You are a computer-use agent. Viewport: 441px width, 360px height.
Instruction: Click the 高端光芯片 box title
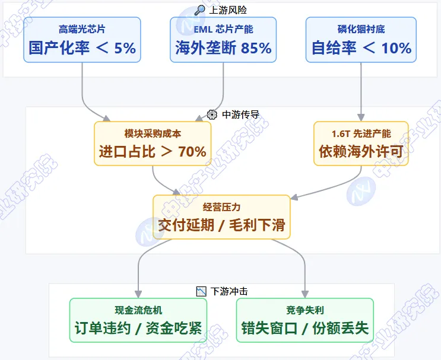pos(82,29)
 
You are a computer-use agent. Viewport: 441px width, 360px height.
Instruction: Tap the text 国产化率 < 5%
pos(82,48)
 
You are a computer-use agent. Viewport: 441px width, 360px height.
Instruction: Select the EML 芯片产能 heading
pos(223,29)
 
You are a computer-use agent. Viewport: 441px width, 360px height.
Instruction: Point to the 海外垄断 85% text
pos(223,48)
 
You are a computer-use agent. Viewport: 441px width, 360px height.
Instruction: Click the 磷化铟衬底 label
pos(361,29)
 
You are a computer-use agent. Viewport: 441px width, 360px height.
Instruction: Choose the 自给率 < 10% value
pos(361,48)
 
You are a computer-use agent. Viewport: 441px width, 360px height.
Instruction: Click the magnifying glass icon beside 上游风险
pos(200,10)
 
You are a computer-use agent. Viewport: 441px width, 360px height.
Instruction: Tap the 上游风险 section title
pos(228,10)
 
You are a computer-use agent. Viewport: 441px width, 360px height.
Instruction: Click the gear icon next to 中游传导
pos(212,114)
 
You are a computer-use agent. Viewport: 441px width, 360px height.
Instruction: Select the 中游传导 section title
pos(241,114)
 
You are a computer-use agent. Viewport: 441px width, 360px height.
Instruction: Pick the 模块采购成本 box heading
pos(153,133)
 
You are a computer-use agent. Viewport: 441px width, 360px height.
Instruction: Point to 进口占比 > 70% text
pos(153,152)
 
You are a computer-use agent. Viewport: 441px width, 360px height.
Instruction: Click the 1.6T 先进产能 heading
pos(361,133)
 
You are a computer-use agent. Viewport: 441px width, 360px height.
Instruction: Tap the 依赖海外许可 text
pos(361,152)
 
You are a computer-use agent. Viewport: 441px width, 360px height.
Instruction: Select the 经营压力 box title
pos(221,207)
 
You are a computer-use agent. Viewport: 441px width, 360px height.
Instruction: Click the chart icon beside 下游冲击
pos(201,291)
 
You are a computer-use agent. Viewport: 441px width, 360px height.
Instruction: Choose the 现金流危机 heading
pos(138,310)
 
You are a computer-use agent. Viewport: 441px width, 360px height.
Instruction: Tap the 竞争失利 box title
pos(305,310)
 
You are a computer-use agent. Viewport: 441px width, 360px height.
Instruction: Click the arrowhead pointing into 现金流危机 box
pos(138,294)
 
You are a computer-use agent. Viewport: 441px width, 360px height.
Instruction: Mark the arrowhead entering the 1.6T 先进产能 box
pos(361,117)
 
